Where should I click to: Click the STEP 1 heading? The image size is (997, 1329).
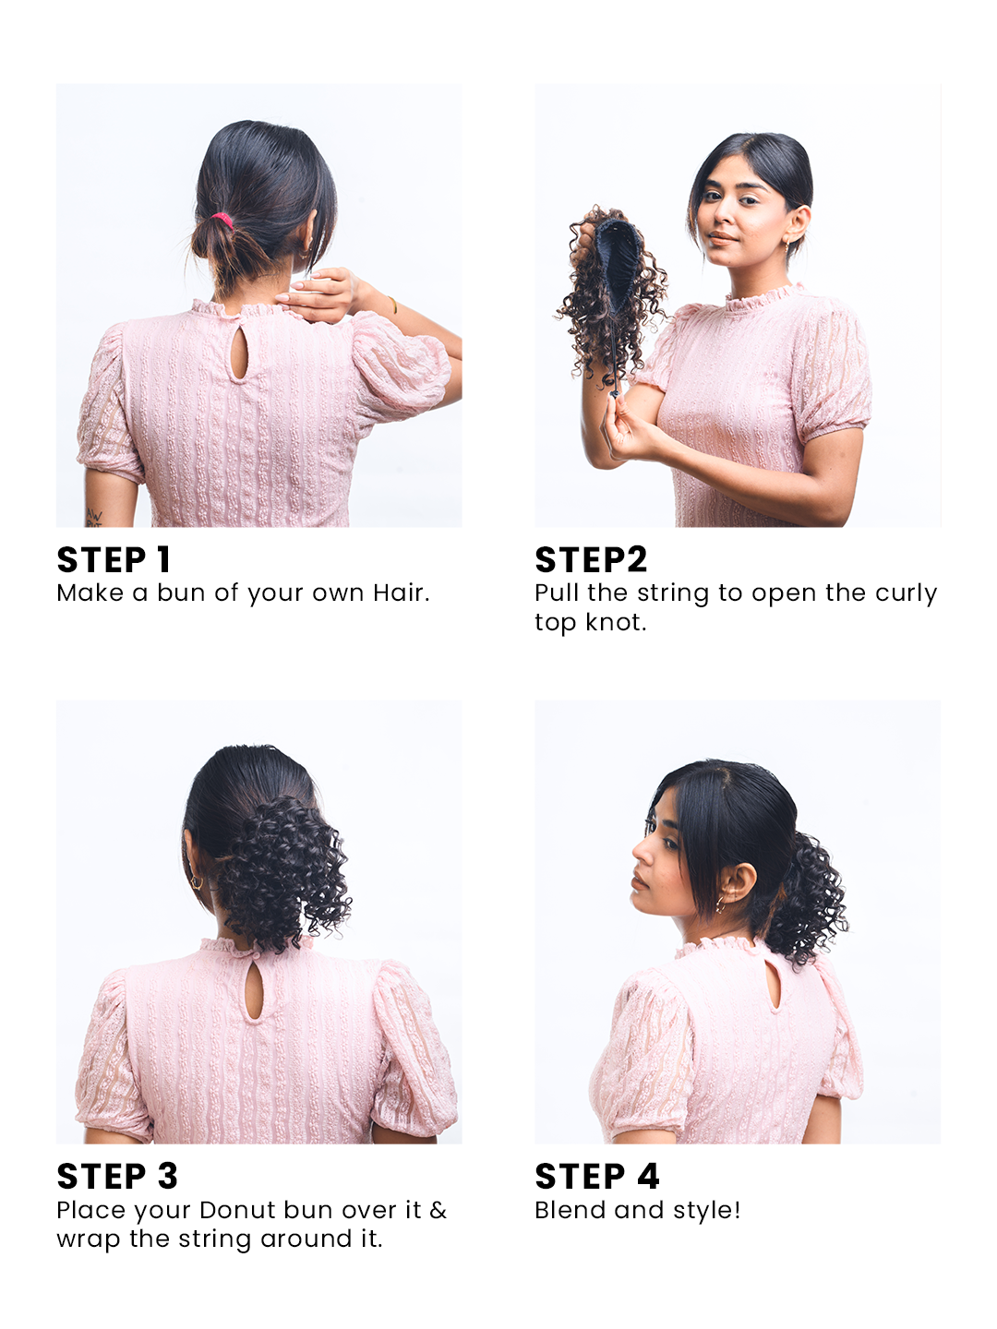pyautogui.click(x=114, y=560)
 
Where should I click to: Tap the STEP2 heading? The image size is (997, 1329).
pyautogui.click(x=591, y=560)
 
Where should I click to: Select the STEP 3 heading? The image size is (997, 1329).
pyautogui.click(x=117, y=1177)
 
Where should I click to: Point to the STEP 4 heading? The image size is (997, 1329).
pyautogui.click(x=597, y=1177)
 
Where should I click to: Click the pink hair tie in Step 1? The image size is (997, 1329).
pyautogui.click(x=222, y=221)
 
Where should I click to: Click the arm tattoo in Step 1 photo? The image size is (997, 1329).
pyautogui.click(x=93, y=517)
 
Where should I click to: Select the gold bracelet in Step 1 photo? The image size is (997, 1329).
pyautogui.click(x=392, y=304)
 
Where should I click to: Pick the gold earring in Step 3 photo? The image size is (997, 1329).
pyautogui.click(x=196, y=882)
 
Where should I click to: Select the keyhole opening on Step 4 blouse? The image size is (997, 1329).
pyautogui.click(x=773, y=985)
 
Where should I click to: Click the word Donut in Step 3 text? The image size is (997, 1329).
pyautogui.click(x=237, y=1210)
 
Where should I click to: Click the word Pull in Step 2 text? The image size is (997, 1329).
pyautogui.click(x=557, y=593)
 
